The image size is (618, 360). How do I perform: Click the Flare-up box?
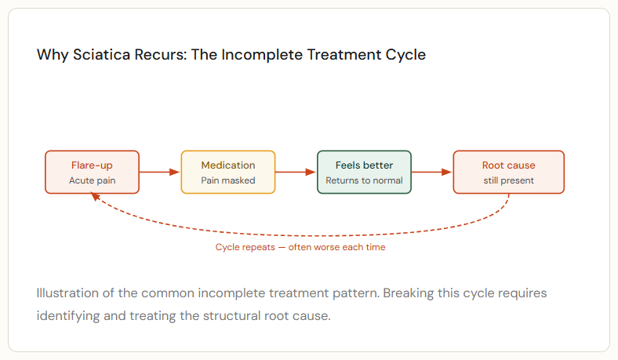pyautogui.click(x=92, y=172)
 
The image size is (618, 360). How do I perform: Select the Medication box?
pyautogui.click(x=228, y=172)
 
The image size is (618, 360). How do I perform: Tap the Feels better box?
pyautogui.click(x=364, y=172)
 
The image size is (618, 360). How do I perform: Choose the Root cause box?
pyautogui.click(x=508, y=172)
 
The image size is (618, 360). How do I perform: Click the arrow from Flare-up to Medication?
pyautogui.click(x=160, y=172)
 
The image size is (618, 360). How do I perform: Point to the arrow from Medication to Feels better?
pyautogui.click(x=296, y=172)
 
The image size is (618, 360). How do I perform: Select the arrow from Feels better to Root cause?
pyautogui.click(x=432, y=172)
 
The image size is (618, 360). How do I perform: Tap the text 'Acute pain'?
pyautogui.click(x=92, y=180)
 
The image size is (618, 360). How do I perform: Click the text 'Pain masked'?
pyautogui.click(x=228, y=180)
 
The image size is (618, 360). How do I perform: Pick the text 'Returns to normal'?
pyautogui.click(x=364, y=180)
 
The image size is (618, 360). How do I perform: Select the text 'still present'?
pyautogui.click(x=508, y=180)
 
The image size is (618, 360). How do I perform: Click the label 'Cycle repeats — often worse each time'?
pyautogui.click(x=300, y=247)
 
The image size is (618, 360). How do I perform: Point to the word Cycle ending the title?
pyautogui.click(x=407, y=56)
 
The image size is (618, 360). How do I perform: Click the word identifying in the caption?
pyautogui.click(x=68, y=316)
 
